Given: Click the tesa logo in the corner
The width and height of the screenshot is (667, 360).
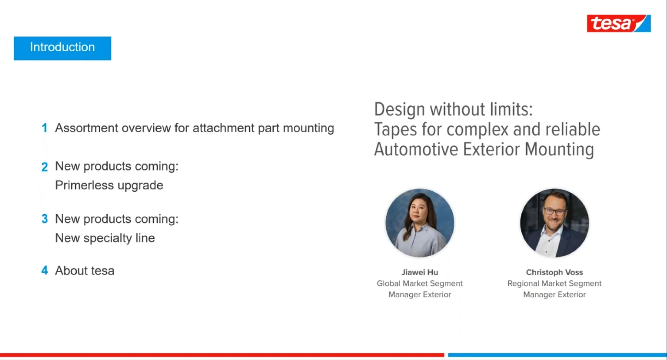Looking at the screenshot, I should point(618,23).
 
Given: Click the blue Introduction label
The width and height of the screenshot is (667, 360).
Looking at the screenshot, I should point(62,48).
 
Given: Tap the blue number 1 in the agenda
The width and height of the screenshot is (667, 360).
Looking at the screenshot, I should point(44,128).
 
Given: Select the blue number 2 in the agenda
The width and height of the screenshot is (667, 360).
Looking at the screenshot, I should point(44,167).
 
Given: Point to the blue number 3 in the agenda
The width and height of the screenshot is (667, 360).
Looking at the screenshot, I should point(44,219).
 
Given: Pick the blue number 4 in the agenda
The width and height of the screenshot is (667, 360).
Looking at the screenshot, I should point(44,271).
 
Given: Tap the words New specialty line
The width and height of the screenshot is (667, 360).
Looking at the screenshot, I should point(105,238).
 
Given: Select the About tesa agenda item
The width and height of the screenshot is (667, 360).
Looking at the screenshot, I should point(84,271).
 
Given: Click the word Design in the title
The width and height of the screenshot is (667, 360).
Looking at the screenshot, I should point(399,109).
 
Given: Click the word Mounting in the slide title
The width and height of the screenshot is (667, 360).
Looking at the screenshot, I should point(559,149).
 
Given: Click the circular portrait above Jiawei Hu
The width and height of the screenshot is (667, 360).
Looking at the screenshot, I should point(420,223).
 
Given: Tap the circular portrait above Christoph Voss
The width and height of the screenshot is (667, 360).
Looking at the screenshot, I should point(554,223).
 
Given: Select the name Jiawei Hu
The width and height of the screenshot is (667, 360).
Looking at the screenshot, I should point(420,272).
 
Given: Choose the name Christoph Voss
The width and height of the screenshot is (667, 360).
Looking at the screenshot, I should point(554,272).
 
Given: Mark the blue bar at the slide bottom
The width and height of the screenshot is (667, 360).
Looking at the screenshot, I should point(557,355).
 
